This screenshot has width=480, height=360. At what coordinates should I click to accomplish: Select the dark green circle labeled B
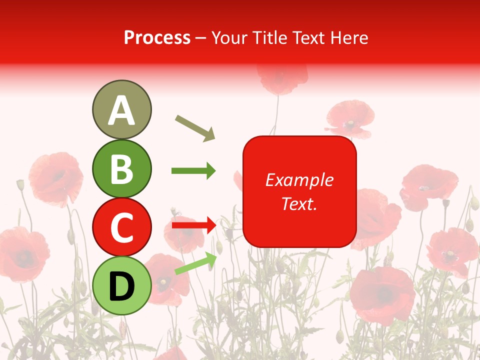[x=121, y=168]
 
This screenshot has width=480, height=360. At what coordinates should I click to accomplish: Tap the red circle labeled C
[x=121, y=227]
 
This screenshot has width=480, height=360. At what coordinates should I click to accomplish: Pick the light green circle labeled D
[x=121, y=285]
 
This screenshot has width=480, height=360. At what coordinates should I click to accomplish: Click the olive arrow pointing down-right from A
[x=195, y=127]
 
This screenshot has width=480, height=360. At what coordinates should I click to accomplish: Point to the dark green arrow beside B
[x=193, y=171]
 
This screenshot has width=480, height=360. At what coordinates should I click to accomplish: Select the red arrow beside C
[x=193, y=225]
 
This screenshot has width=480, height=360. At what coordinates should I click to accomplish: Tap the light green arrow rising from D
[x=195, y=263]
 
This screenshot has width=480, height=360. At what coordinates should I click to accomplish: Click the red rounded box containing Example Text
[x=299, y=191]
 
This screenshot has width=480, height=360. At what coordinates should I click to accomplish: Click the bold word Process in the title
[x=157, y=37]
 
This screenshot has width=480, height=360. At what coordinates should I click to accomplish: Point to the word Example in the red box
[x=299, y=180]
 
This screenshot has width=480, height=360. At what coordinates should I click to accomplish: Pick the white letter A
[x=121, y=110]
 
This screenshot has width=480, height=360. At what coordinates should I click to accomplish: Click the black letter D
[x=121, y=286]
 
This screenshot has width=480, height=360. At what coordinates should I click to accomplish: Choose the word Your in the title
[x=230, y=37]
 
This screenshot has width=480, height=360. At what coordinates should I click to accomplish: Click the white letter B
[x=121, y=169]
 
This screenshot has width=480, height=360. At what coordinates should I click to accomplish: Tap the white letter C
[x=121, y=227]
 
